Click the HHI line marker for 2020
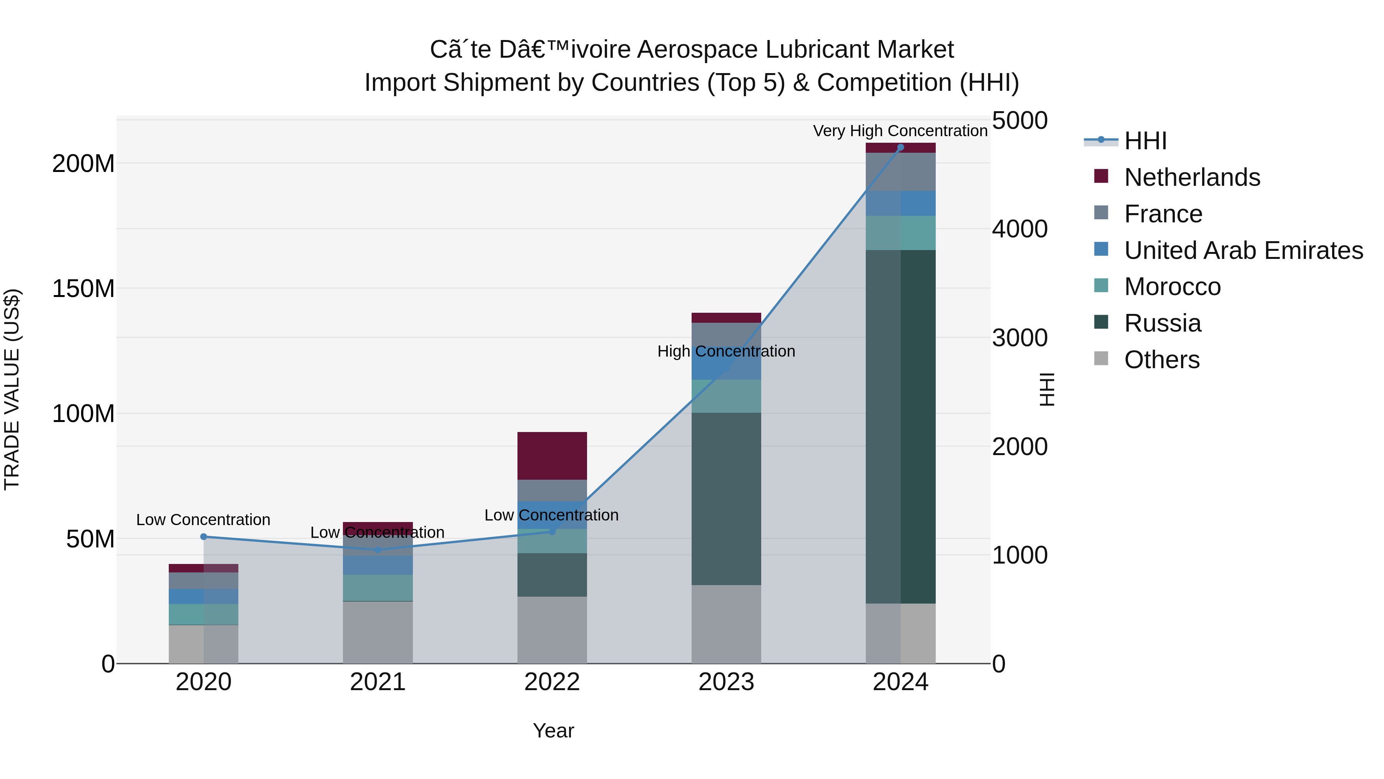pos(204,537)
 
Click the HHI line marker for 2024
pos(900,147)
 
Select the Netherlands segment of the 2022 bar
pos(552,455)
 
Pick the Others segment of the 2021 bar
pos(378,632)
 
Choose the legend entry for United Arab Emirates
pos(1243,250)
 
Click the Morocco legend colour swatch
pos(1101,285)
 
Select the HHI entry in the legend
pos(1145,141)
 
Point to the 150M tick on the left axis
pos(83,289)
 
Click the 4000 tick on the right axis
pos(1019,229)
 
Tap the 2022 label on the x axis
pos(552,682)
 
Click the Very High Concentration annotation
pos(900,131)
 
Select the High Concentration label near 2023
pos(726,351)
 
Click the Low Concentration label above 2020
pos(203,520)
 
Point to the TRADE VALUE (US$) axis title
pos(12,389)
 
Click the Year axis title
pos(553,731)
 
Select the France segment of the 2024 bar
pos(900,172)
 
